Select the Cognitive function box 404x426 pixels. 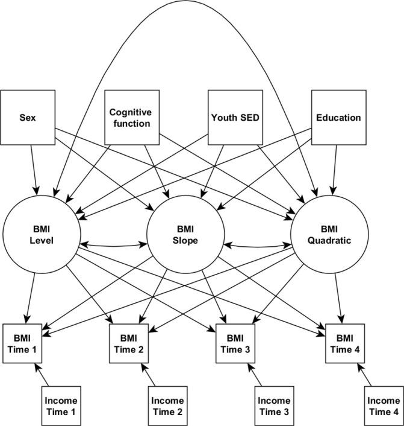pos(130,118)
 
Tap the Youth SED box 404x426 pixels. pos(234,118)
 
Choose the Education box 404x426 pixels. pos(338,118)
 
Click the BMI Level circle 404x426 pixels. pos(42,235)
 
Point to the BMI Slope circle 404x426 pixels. pos(187,235)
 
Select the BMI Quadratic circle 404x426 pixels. pos(329,235)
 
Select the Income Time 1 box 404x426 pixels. pos(62,405)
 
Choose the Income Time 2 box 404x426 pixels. pos(168,405)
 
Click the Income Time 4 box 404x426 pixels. pos(383,405)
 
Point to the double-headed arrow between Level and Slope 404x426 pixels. pos(114,244)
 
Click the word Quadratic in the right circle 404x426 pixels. pos(329,240)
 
